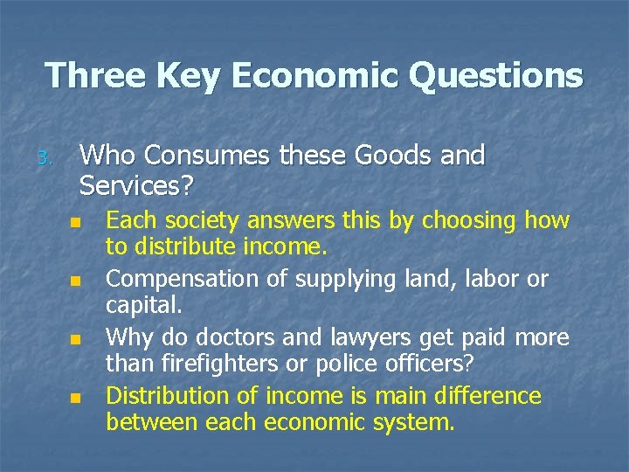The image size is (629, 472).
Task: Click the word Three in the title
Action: tap(93, 75)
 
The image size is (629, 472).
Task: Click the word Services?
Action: tap(137, 185)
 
